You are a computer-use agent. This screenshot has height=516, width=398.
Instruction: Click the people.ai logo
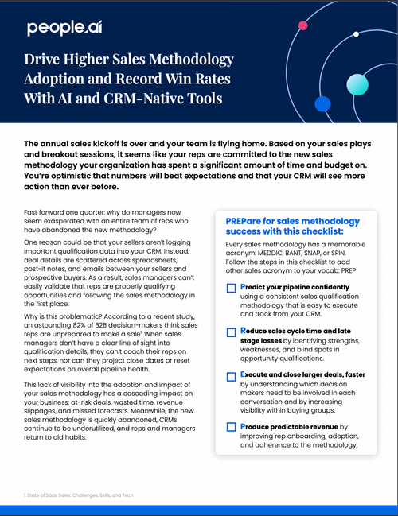click(x=64, y=29)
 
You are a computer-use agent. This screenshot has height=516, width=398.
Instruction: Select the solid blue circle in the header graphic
click(x=322, y=104)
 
